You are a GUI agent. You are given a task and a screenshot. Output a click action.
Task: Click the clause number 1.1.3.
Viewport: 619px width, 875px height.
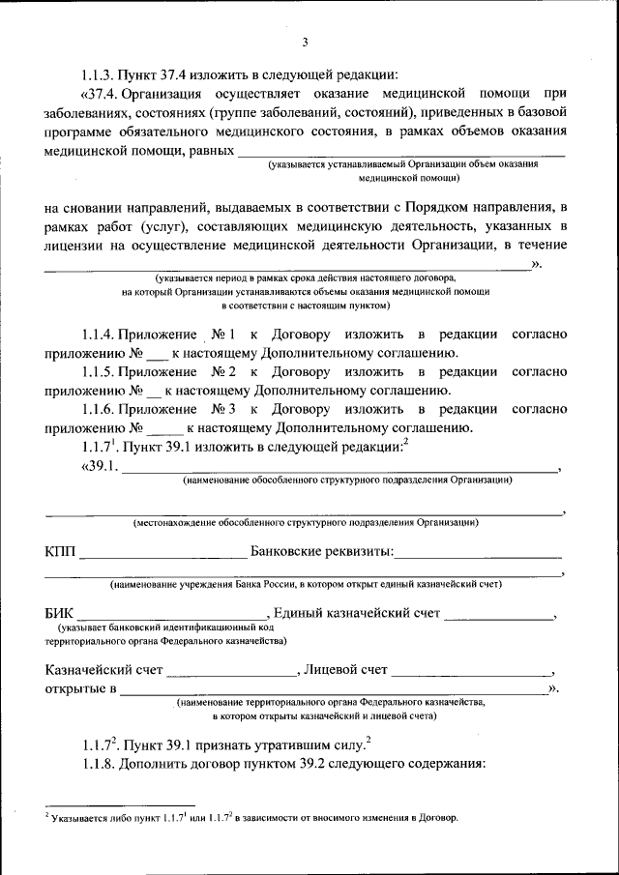[100, 73]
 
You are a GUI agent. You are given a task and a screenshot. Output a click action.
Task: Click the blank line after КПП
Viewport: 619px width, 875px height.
[163, 555]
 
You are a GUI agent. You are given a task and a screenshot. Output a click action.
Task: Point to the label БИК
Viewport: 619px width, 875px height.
[59, 613]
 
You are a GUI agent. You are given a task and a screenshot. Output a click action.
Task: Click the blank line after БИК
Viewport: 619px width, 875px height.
[172, 616]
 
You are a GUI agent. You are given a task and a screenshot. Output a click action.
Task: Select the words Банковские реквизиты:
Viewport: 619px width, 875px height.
[321, 552]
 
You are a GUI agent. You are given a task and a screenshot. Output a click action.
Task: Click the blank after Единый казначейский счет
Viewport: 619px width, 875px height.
[498, 616]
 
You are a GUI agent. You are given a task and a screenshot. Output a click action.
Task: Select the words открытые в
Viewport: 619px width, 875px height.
[80, 689]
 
